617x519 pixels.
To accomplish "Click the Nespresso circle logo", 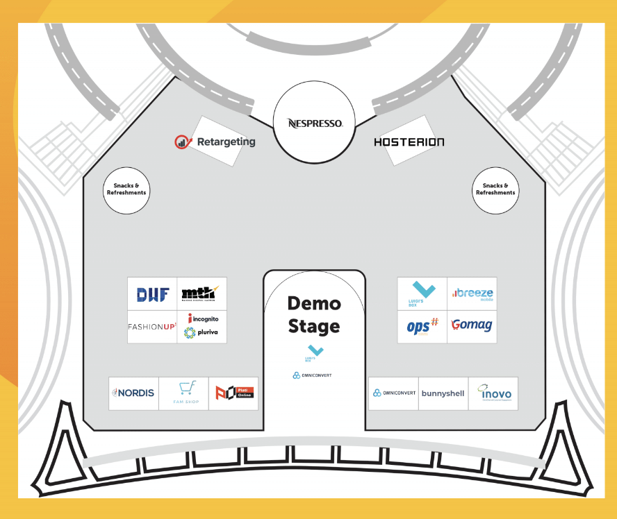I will pyautogui.click(x=315, y=124).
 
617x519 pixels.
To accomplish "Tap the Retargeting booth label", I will pyautogui.click(x=215, y=142).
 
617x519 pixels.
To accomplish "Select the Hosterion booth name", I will pyautogui.click(x=409, y=142).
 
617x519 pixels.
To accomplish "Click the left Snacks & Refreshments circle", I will pyautogui.click(x=126, y=189).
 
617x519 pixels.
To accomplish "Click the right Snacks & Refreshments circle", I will pyautogui.click(x=495, y=189).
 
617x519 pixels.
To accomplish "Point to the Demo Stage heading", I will pyautogui.click(x=314, y=314).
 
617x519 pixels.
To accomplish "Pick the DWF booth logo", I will pyautogui.click(x=153, y=294).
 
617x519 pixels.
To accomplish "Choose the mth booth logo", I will pyautogui.click(x=199, y=293).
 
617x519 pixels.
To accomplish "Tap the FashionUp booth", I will pyautogui.click(x=152, y=326).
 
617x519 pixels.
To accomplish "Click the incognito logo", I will pyautogui.click(x=202, y=318).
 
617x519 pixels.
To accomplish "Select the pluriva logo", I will pyautogui.click(x=201, y=332).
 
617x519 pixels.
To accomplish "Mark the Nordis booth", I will pyautogui.click(x=133, y=393).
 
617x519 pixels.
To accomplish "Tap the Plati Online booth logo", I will pyautogui.click(x=233, y=393).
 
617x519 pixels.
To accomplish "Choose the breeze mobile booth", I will pyautogui.click(x=472, y=294).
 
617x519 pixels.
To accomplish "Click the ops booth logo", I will pyautogui.click(x=422, y=326).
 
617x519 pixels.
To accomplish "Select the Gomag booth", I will pyautogui.click(x=472, y=325).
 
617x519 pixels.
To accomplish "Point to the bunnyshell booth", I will pyautogui.click(x=443, y=393).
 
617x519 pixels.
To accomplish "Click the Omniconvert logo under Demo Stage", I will pyautogui.click(x=313, y=375).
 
